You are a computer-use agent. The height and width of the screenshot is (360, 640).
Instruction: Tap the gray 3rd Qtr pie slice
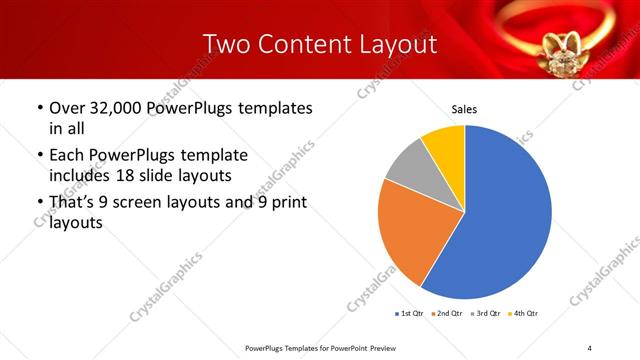[405, 165]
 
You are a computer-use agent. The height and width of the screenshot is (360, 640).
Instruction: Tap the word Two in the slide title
[224, 44]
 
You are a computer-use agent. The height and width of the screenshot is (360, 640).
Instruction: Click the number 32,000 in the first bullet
[118, 108]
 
